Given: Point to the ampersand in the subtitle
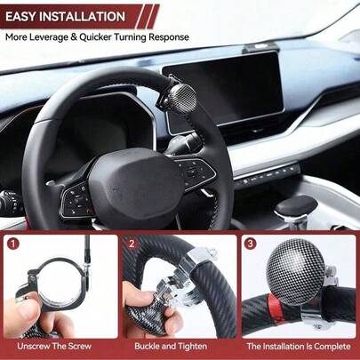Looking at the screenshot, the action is [74, 37].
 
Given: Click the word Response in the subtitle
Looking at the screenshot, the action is [169, 37].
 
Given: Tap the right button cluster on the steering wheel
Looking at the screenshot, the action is [194, 172].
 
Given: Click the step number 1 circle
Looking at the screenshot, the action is [12, 244].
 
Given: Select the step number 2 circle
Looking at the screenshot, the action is [132, 244].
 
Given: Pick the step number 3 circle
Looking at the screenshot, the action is [251, 244].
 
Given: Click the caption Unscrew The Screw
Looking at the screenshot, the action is [54, 346].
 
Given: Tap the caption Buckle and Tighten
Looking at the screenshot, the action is [171, 346].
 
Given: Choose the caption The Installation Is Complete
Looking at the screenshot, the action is [299, 346].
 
